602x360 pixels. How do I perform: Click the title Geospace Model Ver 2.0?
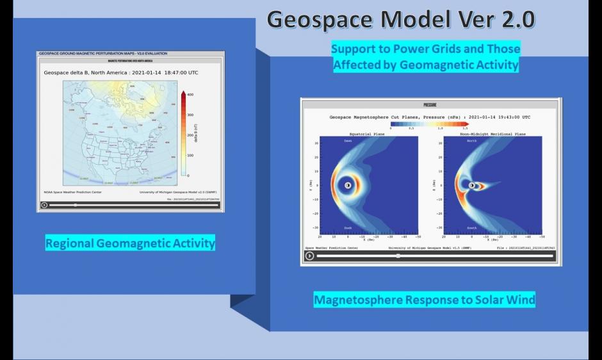[400, 20]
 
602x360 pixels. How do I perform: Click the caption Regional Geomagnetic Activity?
[130, 243]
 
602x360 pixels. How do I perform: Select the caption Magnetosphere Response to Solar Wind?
[424, 300]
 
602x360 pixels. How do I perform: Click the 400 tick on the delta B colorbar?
[190, 94]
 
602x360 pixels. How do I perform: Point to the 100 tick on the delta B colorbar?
[190, 155]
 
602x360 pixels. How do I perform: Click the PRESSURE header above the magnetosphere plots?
[430, 104]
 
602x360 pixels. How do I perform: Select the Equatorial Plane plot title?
[368, 133]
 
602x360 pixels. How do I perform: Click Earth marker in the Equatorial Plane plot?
[347, 185]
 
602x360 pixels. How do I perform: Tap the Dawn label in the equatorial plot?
[348, 140]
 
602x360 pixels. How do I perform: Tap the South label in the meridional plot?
[471, 227]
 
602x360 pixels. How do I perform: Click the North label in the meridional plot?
[471, 140]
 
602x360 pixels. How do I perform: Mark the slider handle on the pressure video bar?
[398, 256]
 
